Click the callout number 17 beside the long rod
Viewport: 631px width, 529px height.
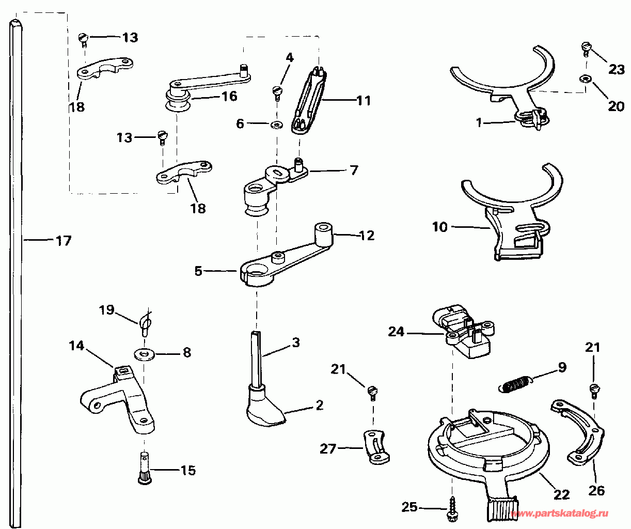[64, 240]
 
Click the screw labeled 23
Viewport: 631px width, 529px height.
[586, 48]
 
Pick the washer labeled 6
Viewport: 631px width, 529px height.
[277, 125]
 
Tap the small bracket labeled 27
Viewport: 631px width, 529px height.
[376, 447]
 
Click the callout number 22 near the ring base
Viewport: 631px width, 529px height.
[561, 494]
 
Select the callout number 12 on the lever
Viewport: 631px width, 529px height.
[367, 235]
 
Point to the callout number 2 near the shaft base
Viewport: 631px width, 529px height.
[320, 404]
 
